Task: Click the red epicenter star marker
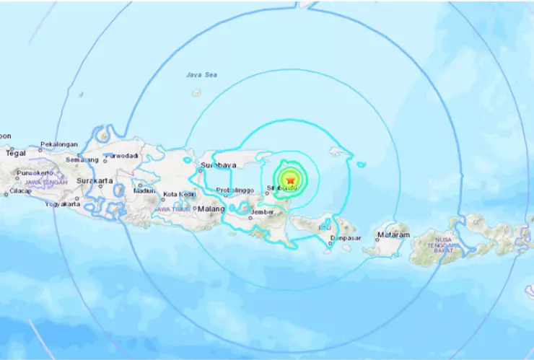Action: [290, 180]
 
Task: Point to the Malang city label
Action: [212, 208]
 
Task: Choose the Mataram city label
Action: [393, 235]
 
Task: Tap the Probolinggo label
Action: [234, 190]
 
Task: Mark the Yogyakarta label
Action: [61, 204]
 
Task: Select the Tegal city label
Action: [16, 153]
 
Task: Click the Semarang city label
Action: [82, 159]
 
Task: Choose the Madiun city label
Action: [146, 191]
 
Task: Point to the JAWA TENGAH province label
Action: [46, 183]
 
